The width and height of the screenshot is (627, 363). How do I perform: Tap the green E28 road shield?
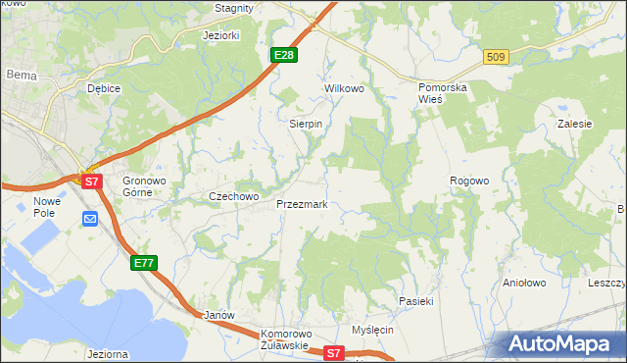284,55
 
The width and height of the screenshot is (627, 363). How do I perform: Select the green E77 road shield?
144,263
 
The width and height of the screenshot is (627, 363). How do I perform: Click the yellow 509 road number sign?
496,58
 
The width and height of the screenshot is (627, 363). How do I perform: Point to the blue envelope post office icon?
90,219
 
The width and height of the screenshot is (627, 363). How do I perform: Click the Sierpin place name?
306,125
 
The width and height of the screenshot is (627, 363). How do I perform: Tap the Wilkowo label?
344,88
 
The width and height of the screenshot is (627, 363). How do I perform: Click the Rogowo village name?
468,181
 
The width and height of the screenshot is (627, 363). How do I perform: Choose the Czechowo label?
233,196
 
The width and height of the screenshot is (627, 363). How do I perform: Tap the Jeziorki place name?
220,35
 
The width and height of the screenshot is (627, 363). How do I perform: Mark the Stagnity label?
234,8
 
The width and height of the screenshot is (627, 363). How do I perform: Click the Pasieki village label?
415,301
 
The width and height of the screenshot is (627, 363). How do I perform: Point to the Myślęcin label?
372,330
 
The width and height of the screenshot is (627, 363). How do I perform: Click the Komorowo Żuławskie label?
285,339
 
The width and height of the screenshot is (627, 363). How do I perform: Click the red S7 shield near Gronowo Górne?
91,181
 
